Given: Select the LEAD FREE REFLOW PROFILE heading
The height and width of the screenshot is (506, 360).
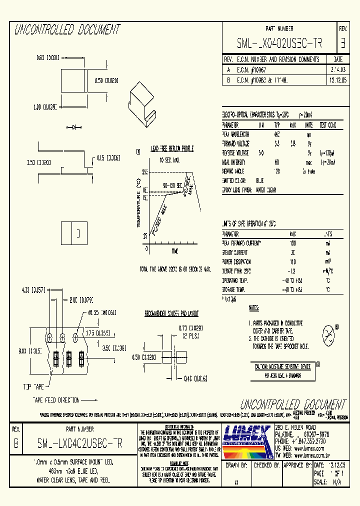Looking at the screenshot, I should tap(172, 149).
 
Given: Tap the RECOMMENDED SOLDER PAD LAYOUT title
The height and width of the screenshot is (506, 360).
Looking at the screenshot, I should tap(171, 313).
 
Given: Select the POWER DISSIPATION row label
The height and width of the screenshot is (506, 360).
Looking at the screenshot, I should tap(238, 261).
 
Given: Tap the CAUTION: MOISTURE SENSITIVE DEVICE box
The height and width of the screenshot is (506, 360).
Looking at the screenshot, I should tap(282, 366).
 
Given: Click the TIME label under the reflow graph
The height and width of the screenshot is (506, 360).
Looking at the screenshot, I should tap(175, 250).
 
